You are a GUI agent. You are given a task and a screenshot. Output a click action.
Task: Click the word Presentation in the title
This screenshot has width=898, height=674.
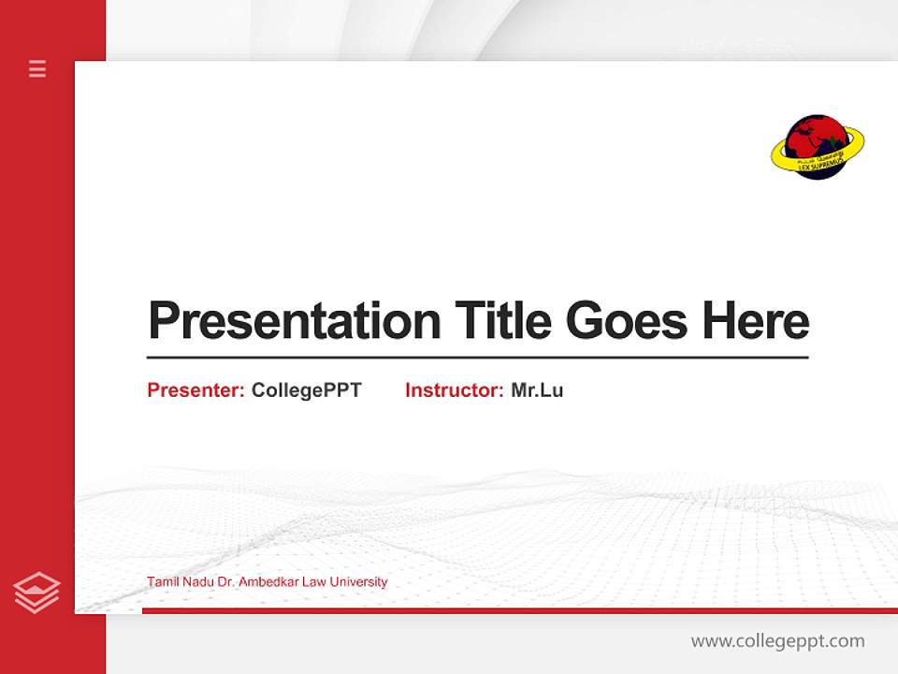click(294, 321)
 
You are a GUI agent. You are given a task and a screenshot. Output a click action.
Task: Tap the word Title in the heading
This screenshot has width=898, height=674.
click(502, 321)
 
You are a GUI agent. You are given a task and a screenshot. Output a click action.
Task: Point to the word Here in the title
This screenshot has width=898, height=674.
click(756, 321)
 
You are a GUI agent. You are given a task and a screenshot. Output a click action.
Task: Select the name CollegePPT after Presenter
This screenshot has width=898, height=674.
click(306, 390)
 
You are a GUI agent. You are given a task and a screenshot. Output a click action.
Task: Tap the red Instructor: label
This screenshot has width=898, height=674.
click(455, 390)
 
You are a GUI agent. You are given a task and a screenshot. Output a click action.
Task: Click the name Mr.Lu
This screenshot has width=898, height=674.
click(537, 390)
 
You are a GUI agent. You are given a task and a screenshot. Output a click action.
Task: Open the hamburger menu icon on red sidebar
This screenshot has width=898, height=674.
click(37, 68)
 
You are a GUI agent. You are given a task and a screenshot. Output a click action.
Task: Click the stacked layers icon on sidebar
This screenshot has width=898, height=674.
click(37, 593)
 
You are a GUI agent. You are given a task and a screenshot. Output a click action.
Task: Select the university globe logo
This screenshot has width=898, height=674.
click(817, 147)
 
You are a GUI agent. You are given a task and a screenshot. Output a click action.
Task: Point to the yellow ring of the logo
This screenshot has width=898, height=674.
click(853, 140)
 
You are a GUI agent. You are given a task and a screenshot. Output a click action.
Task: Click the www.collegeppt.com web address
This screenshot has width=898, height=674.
click(777, 641)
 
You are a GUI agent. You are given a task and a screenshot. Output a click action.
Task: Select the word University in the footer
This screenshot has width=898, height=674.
click(359, 582)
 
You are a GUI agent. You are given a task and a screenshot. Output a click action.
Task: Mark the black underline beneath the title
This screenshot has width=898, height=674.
click(477, 358)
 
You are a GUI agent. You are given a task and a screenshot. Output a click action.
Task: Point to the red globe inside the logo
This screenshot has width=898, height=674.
click(810, 137)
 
